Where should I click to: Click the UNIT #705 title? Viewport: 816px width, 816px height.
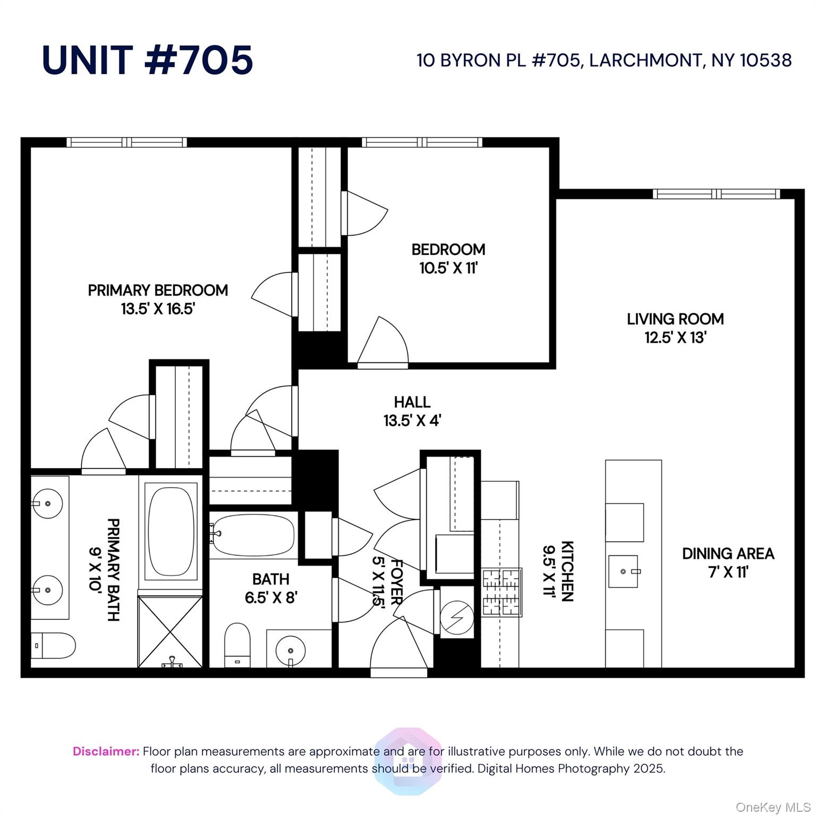(x=147, y=59)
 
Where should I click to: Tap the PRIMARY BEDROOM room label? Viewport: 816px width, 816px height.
(x=158, y=291)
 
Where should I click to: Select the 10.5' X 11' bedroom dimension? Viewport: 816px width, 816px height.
(x=448, y=268)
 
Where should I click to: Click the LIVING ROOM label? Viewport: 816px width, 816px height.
(x=675, y=319)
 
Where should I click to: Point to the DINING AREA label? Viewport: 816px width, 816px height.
(x=728, y=554)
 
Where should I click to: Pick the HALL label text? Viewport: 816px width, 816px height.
(x=412, y=402)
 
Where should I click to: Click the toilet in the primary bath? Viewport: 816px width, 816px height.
(x=53, y=646)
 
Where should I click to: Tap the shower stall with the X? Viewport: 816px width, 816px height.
(x=170, y=631)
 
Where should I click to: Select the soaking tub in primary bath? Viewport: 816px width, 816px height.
(x=171, y=531)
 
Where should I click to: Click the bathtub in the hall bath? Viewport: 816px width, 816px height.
(x=252, y=535)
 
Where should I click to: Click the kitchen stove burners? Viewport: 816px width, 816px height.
(x=501, y=592)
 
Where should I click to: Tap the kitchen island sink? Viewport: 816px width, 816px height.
(x=623, y=572)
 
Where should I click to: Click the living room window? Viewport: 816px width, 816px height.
(x=717, y=194)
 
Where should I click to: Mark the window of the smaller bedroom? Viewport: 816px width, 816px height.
(x=422, y=142)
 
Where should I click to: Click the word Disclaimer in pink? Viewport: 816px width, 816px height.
(x=106, y=751)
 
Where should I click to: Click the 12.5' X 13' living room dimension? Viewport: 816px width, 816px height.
(x=675, y=338)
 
